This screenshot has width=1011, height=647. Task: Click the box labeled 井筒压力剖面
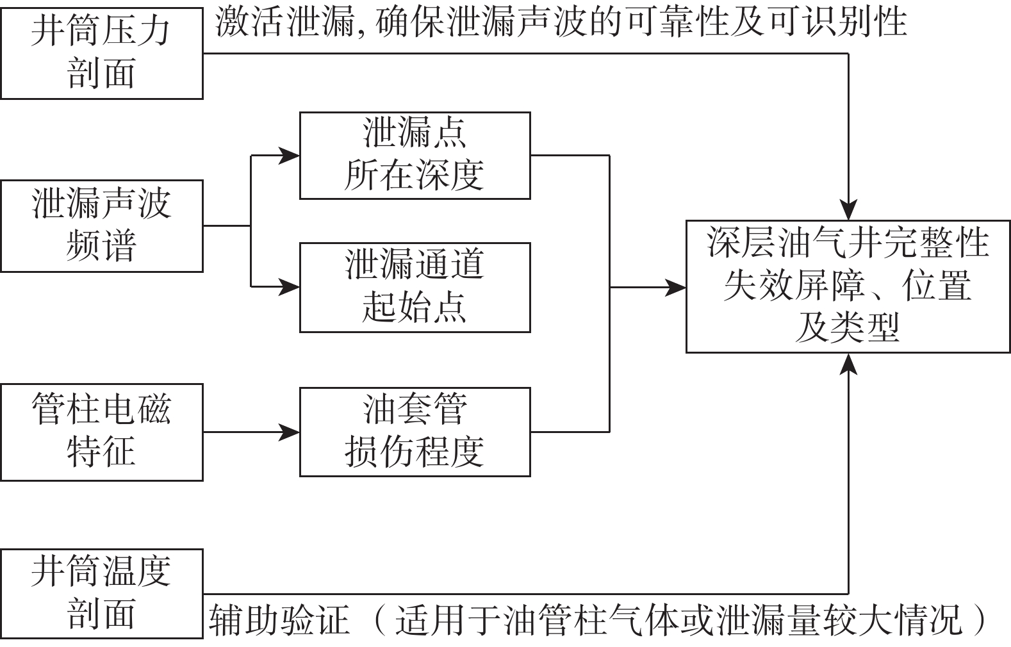[x=101, y=53]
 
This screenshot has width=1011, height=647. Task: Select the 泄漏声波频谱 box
[x=101, y=225]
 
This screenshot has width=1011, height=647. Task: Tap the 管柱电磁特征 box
[x=101, y=432]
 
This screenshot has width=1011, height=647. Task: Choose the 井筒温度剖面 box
[x=101, y=593]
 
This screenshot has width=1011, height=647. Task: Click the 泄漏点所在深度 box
[x=415, y=155]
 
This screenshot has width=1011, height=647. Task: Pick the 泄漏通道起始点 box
[x=415, y=287]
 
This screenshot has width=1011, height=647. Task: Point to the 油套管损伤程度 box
[x=415, y=432]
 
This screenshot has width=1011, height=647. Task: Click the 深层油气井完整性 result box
[x=848, y=286]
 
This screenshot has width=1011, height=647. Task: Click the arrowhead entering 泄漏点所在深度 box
[x=290, y=155]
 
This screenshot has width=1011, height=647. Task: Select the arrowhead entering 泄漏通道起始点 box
[x=290, y=287]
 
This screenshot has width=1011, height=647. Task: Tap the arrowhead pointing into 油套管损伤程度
[x=290, y=432]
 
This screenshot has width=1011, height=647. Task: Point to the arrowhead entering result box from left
[x=676, y=288]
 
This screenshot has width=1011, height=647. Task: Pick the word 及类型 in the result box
[x=848, y=328]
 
